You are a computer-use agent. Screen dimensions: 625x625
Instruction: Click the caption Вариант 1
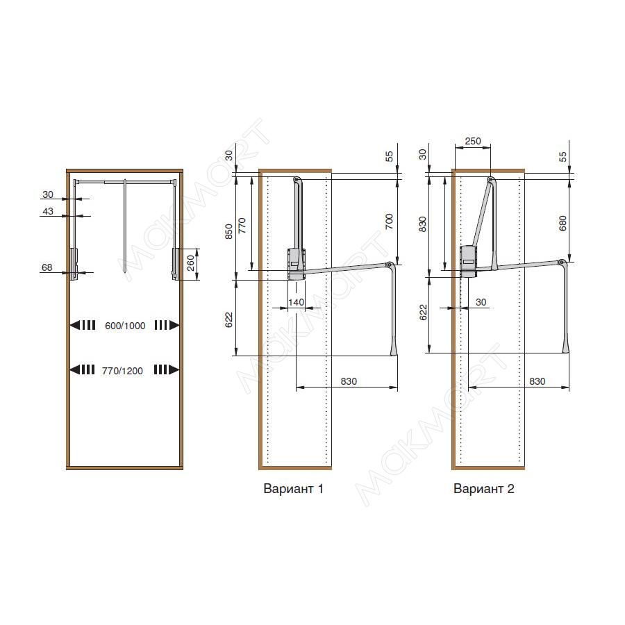(293, 488)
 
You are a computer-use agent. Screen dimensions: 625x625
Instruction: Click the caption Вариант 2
(484, 488)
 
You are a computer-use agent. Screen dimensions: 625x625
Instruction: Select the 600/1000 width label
(125, 326)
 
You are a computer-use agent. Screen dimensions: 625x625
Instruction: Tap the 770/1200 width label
(122, 371)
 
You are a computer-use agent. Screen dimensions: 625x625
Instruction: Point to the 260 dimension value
(191, 263)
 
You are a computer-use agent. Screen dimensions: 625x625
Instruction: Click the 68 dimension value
(47, 267)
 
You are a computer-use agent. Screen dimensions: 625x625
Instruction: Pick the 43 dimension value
(48, 211)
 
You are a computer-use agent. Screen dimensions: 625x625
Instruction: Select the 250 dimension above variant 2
(473, 141)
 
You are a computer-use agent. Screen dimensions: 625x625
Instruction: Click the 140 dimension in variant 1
(296, 303)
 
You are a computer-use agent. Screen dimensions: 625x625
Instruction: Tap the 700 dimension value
(389, 222)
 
